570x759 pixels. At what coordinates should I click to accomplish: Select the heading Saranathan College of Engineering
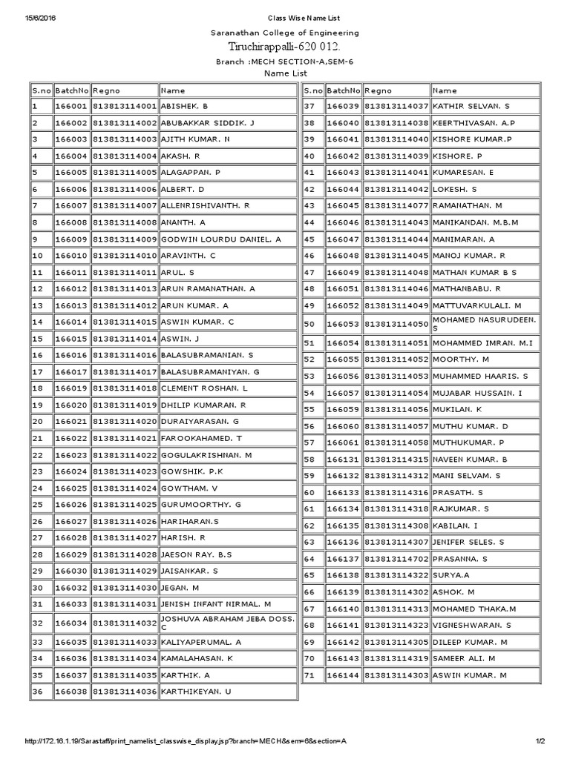[284, 33]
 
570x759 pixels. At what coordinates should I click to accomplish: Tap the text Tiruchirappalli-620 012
[284, 47]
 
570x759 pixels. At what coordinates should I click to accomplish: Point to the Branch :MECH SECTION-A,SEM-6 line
[284, 61]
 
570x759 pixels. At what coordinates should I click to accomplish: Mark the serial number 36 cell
[40, 691]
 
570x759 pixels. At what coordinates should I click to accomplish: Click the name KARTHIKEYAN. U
[196, 691]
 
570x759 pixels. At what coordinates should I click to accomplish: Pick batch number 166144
[343, 675]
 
